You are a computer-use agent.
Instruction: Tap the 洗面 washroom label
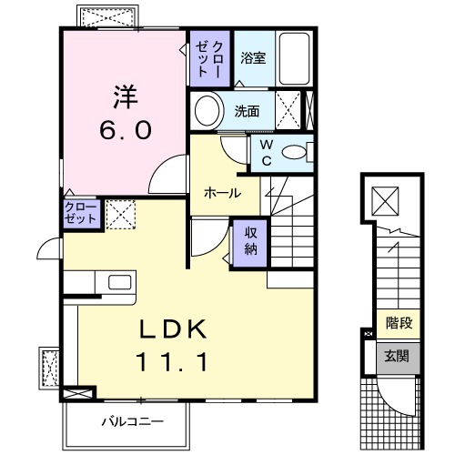tap(248, 112)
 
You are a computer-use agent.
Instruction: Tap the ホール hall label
tap(222, 193)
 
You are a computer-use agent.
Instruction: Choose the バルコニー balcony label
tap(131, 421)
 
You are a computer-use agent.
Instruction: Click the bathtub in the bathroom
tap(292, 59)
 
